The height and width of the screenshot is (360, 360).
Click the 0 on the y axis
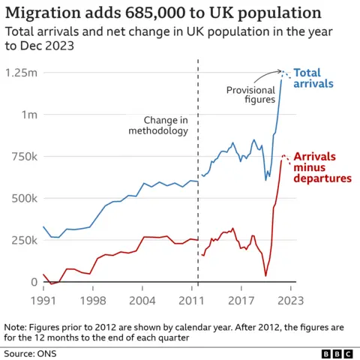point(34,282)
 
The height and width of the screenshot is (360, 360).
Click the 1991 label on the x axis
point(43,300)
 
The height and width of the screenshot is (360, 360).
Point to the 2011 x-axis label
point(193,300)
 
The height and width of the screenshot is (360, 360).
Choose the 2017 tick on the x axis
point(241,300)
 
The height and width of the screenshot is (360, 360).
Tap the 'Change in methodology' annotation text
point(160,125)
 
